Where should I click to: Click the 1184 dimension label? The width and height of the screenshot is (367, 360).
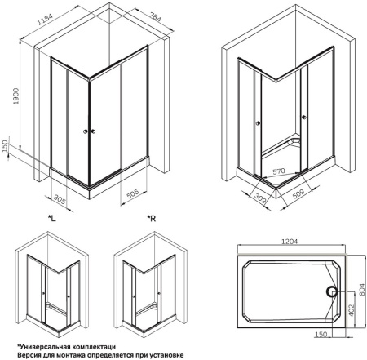45,18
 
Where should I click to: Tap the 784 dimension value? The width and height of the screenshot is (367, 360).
156,17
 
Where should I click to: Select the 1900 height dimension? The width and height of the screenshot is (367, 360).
16,96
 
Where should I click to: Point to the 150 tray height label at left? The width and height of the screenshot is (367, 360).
5,146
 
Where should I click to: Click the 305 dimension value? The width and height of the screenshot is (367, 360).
60,199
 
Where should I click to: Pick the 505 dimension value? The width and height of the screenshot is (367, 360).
133,194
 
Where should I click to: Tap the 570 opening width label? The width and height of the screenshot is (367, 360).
279,171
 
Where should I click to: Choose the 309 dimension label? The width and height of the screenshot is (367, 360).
260,198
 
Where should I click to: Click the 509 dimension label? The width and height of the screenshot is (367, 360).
298,193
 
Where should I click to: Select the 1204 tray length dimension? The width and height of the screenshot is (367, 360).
290,241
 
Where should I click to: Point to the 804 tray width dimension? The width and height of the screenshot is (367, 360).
362,291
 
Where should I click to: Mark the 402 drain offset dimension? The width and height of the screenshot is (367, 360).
352,310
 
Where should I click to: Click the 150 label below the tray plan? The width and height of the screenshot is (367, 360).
321,334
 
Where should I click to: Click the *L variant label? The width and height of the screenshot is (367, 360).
52,218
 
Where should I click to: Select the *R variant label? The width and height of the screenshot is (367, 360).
152,218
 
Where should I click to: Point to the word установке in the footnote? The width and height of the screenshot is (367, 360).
169,355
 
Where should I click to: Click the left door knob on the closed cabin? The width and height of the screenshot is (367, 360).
86,131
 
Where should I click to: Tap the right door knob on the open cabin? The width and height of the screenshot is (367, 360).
303,118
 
